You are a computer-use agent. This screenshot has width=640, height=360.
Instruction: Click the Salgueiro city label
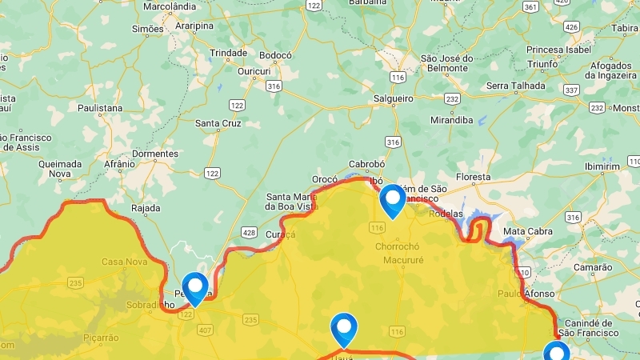click(393, 98)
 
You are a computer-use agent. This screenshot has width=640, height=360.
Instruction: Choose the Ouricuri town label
click(255, 71)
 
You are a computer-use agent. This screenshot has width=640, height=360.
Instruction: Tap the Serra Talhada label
click(516, 86)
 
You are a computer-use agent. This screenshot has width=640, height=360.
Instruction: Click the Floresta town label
click(473, 177)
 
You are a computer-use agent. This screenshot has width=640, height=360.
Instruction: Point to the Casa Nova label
click(124, 262)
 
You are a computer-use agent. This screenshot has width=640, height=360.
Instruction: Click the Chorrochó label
click(397, 246)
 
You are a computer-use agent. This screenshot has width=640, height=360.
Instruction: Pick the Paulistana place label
click(100, 107)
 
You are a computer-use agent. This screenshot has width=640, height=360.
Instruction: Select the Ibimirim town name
click(602, 166)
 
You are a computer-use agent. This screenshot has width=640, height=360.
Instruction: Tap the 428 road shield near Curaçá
click(249, 232)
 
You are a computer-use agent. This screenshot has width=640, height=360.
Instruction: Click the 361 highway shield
click(530, 6)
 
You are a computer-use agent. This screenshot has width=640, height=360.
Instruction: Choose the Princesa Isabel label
click(558, 50)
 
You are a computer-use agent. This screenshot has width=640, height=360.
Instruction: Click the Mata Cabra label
click(527, 232)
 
